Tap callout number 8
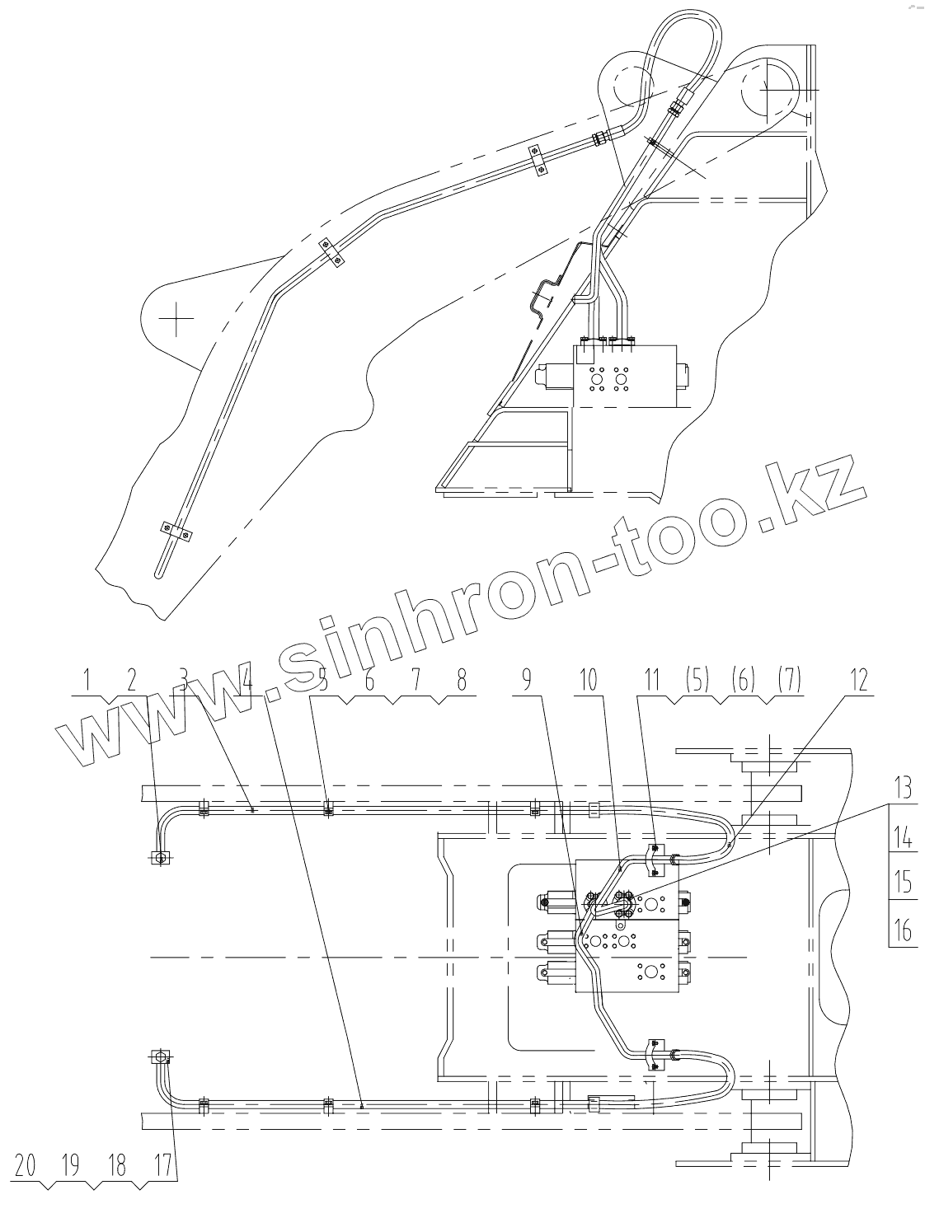461,681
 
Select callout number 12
859,681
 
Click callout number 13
904,789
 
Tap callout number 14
904,837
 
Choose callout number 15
904,883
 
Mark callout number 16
904,930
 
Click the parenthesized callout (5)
697,681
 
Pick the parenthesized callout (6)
744,681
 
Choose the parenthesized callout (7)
789,681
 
